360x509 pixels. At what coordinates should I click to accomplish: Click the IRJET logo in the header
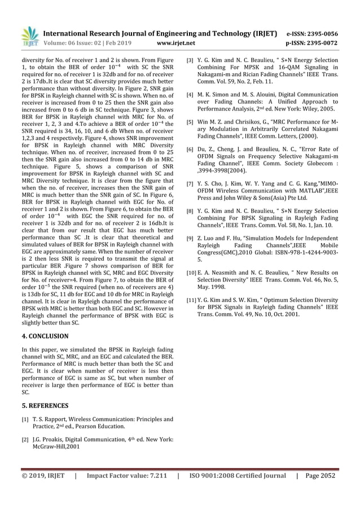(29, 36)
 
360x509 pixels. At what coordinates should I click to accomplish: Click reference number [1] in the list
(25, 419)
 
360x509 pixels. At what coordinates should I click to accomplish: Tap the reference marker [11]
(192, 300)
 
